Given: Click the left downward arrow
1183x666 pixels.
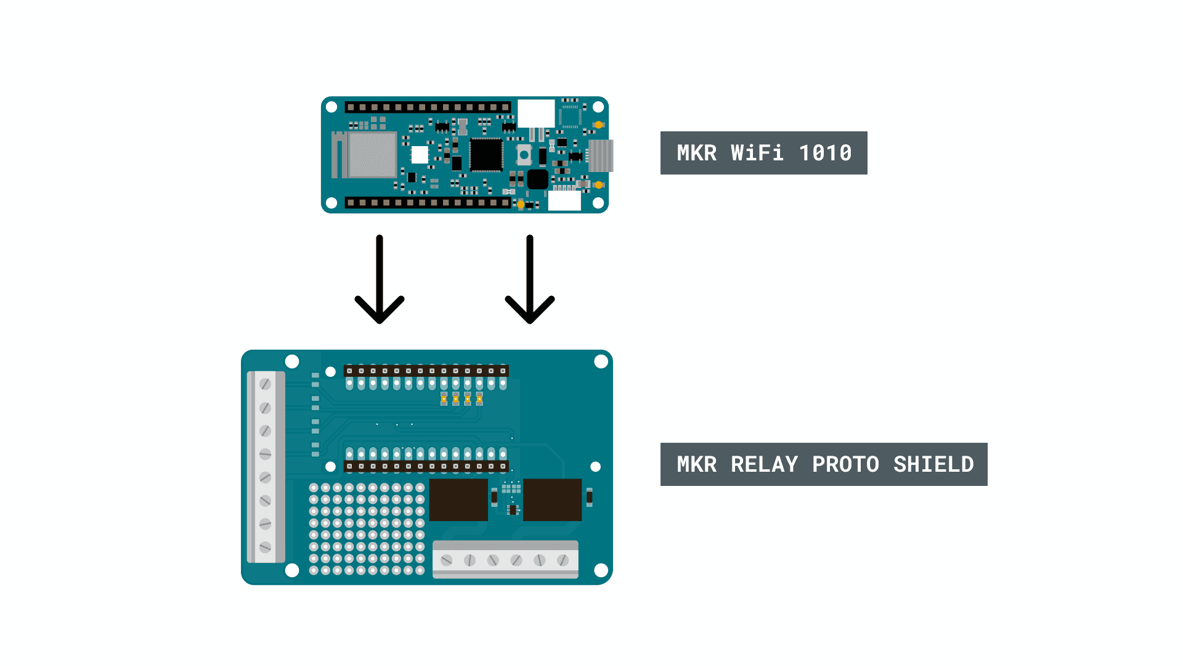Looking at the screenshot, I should point(380,281).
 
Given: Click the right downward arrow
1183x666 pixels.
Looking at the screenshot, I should point(530,281).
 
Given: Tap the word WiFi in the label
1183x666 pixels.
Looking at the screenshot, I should point(757,153).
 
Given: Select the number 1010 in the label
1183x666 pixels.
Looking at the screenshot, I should point(825,153).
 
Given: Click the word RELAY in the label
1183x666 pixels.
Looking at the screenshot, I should point(764,464).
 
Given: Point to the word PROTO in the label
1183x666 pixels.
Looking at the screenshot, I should point(845,464).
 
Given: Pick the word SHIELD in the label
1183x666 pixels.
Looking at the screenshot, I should point(933,464).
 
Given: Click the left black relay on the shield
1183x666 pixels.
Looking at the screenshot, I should point(458,499).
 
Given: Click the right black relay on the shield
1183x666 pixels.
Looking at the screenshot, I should point(552,499).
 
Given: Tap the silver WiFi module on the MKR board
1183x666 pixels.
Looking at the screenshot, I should point(372,155).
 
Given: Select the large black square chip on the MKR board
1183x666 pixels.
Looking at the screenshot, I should point(486,154).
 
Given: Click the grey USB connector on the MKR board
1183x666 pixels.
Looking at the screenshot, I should point(601,155).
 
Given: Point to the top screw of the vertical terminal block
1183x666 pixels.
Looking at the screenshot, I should point(266,384).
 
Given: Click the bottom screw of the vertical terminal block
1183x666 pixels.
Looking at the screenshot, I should point(266,547).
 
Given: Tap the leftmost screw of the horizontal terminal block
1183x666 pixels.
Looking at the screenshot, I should point(447,560).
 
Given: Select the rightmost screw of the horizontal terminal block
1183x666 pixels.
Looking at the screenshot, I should point(563,560).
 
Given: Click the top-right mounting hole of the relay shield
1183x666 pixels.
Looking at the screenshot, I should point(601,362).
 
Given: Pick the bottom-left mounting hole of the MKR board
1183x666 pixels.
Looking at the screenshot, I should point(331,203).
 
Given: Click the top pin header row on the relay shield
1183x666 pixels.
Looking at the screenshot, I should point(426,371).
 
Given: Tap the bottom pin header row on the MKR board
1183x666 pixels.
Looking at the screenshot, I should point(428,202).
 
